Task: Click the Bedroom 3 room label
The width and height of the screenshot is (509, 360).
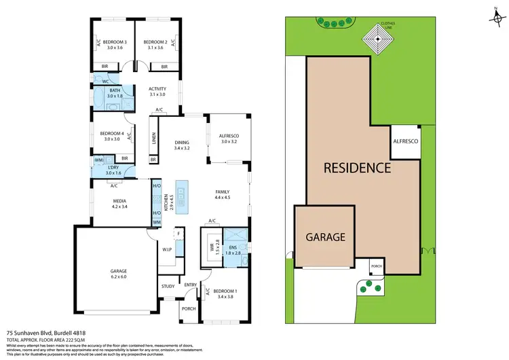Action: tap(113, 41)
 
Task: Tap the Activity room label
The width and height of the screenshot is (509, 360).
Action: tap(157, 88)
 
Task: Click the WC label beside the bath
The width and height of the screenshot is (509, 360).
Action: tap(107, 81)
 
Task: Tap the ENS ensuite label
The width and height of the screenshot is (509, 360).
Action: tap(233, 248)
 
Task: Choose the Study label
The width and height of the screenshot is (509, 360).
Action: tap(168, 286)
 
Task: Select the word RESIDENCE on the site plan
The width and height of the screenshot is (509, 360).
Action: tap(356, 167)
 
